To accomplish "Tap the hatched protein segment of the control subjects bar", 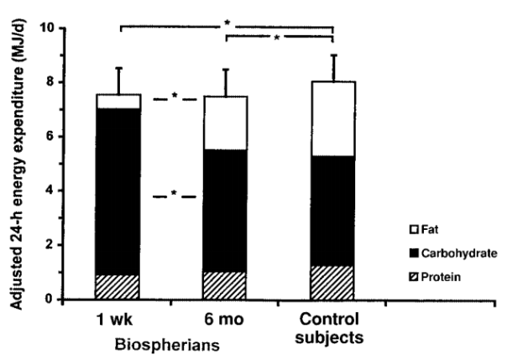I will [333, 282].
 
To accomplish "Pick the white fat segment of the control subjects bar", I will [333, 118].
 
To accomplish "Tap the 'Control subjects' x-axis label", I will [333, 329].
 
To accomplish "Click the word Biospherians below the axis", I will [171, 344].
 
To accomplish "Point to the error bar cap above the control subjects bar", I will [333, 55].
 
